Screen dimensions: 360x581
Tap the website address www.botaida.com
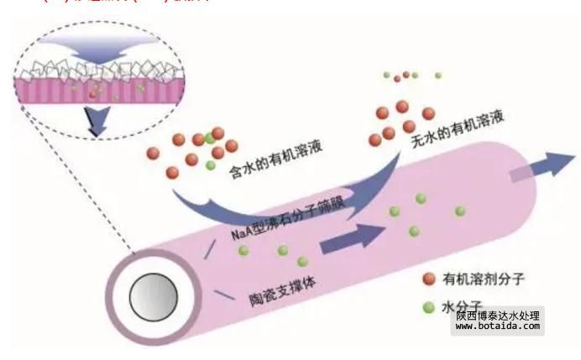pyautogui.click(x=498, y=327)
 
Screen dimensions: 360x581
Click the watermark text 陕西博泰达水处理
pyautogui.click(x=498, y=316)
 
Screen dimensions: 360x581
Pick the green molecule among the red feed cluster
pyautogui.click(x=209, y=138)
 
